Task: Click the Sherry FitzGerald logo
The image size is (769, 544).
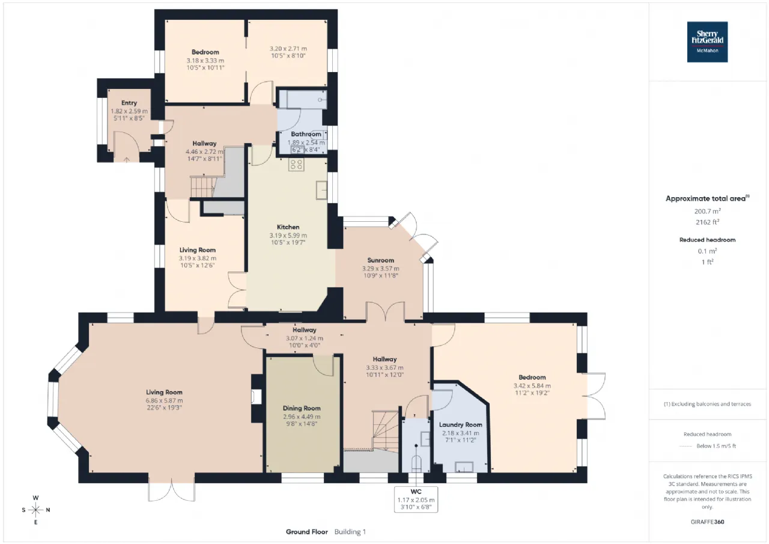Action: click(707, 42)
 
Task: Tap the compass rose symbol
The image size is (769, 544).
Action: click(35, 510)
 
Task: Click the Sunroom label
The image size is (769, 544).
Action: click(380, 260)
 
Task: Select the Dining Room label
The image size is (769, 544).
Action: click(302, 408)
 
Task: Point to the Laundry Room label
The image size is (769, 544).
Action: click(460, 425)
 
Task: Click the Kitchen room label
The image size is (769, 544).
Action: click(288, 227)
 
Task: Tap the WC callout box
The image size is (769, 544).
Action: click(416, 500)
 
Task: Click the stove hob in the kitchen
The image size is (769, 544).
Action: click(296, 164)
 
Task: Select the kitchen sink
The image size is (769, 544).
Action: click(321, 190)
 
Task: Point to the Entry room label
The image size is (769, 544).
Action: click(129, 103)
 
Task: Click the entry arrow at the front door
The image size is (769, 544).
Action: click(127, 160)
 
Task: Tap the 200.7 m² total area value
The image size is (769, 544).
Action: click(707, 211)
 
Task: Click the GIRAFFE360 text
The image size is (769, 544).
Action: click(707, 522)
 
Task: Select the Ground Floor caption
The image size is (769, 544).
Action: click(307, 531)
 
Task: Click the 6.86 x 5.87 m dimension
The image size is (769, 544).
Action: click(164, 400)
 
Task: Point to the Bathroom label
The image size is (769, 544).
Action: click(306, 134)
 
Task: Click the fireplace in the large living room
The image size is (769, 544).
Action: click(256, 396)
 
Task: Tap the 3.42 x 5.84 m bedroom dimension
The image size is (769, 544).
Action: click(532, 386)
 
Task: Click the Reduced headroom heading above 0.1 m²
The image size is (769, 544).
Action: click(707, 240)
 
